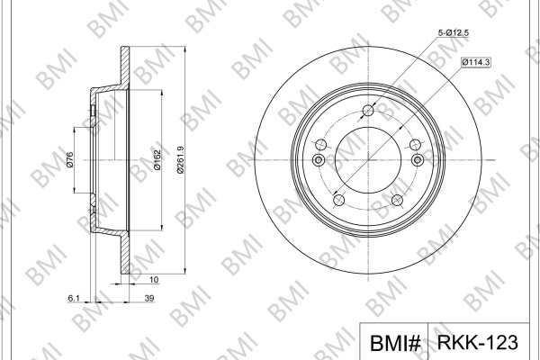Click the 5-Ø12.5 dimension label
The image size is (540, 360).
pyautogui.click(x=454, y=33)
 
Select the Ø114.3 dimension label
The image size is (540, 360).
pyautogui.click(x=476, y=62)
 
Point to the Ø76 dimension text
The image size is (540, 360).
pyautogui.click(x=69, y=160)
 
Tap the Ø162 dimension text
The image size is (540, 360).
pyautogui.click(x=157, y=160)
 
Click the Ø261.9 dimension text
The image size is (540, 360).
pyautogui.click(x=181, y=160)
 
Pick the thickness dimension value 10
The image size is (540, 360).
pyautogui.click(x=154, y=279)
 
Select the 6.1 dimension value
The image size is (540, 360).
pyautogui.click(x=74, y=298)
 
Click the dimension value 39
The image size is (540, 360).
pyautogui.click(x=149, y=298)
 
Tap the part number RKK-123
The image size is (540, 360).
pyautogui.click(x=477, y=342)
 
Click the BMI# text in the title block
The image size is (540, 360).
pyautogui.click(x=395, y=343)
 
